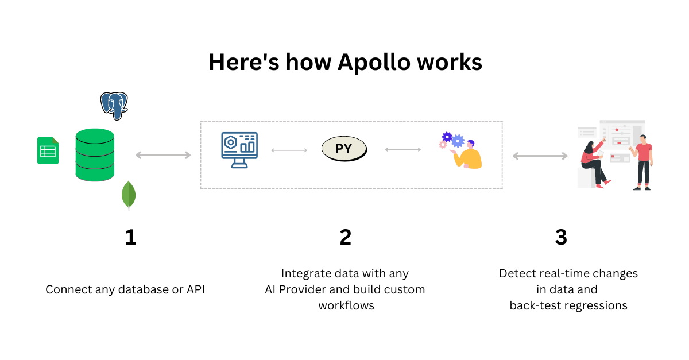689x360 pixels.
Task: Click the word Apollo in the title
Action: (374, 63)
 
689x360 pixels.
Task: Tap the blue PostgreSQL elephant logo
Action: (114, 106)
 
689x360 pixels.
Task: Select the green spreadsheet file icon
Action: (48, 150)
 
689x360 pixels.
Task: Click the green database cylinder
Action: (95, 155)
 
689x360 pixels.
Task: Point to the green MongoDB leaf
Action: (129, 195)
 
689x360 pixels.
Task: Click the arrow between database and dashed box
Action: (163, 155)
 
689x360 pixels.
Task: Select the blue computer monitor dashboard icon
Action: (239, 150)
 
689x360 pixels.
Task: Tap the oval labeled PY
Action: (344, 149)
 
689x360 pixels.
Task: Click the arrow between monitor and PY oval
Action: (289, 150)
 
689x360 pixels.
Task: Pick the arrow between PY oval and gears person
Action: (403, 150)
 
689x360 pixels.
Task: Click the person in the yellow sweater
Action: (467, 155)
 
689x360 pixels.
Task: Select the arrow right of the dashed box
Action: (540, 156)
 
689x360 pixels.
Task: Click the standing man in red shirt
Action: (643, 162)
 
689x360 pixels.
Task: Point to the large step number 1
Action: (131, 237)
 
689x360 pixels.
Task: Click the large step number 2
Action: (346, 237)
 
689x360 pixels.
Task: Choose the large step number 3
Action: (561, 237)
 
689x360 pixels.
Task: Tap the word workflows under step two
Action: (346, 305)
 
